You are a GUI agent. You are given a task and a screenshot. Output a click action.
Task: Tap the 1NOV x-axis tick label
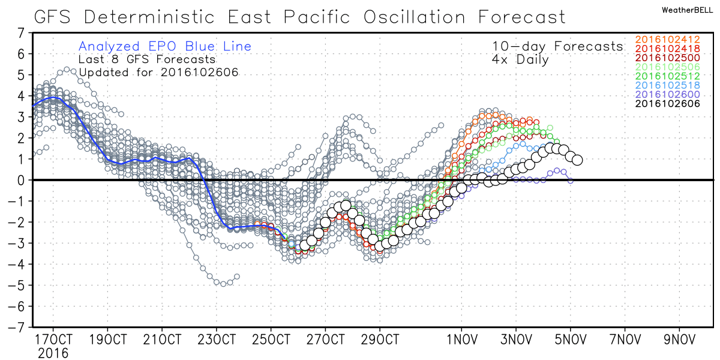(x=462, y=338)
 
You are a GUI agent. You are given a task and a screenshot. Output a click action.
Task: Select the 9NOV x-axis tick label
(x=679, y=338)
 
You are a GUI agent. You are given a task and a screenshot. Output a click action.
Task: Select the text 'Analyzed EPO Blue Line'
(x=165, y=46)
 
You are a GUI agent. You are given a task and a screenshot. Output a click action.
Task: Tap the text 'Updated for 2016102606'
(x=159, y=73)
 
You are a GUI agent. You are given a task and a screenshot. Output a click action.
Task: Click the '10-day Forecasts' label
(x=557, y=46)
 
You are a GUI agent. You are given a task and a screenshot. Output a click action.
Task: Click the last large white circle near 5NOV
(x=577, y=160)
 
